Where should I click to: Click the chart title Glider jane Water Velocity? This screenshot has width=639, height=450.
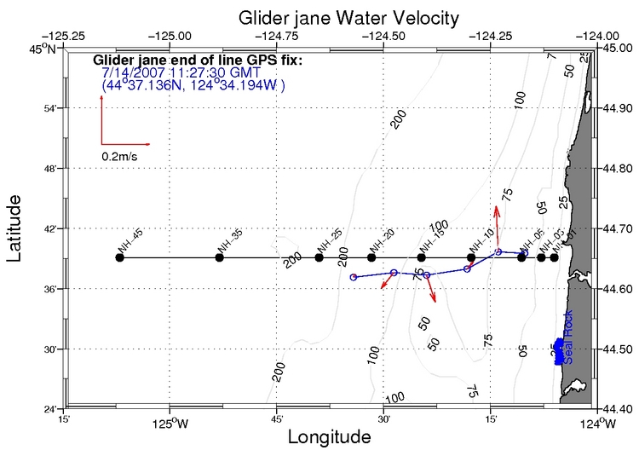point(325,16)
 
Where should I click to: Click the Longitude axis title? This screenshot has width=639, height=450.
point(329,437)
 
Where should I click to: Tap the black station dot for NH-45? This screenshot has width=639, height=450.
point(119,257)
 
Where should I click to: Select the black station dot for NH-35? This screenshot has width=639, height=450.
point(219,257)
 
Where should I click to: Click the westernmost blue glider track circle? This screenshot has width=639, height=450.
point(354,277)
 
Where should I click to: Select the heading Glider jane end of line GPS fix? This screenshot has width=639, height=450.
point(197,61)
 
